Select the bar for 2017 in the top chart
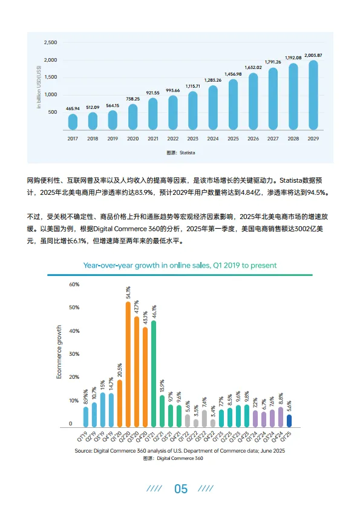click(73, 122)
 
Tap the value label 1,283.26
click(213, 80)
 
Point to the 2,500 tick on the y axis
click(51, 43)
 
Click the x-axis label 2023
click(192, 139)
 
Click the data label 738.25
click(133, 99)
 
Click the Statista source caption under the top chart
click(180, 153)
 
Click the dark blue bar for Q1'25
click(289, 421)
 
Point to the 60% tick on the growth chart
click(74, 284)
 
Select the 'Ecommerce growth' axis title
click(59, 352)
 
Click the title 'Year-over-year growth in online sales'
click(180, 265)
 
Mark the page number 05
click(180, 489)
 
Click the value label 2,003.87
click(313, 56)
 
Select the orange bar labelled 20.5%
click(120, 403)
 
